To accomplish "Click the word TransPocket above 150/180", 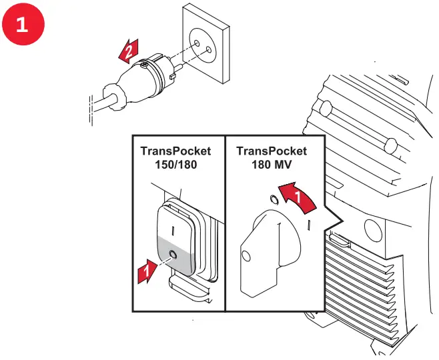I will tap(174, 151).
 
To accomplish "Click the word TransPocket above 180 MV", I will tap(272, 151).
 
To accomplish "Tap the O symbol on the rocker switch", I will tap(173, 255).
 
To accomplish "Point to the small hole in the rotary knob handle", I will tap(246, 255).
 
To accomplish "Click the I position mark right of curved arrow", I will tap(309, 225).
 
